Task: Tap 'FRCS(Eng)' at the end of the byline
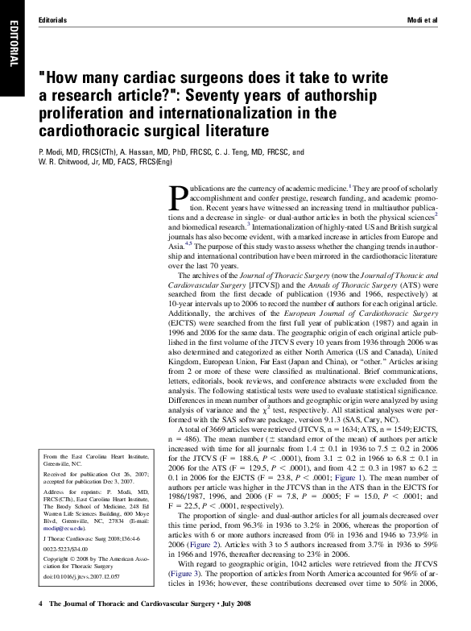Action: click(154, 162)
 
